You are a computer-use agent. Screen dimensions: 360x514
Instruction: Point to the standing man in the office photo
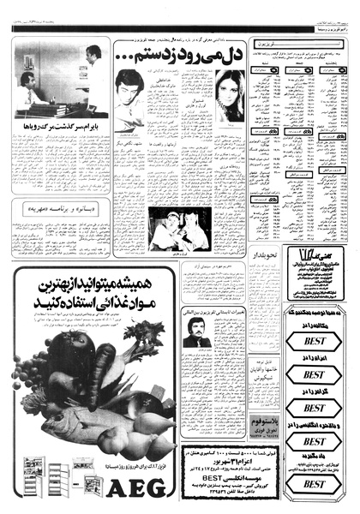pos(91,77)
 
